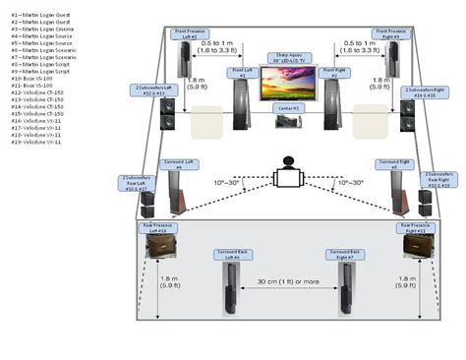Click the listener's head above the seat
pos(289,161)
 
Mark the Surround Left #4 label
pos(172,166)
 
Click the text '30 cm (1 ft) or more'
pos(287,281)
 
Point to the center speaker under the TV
pos(287,121)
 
